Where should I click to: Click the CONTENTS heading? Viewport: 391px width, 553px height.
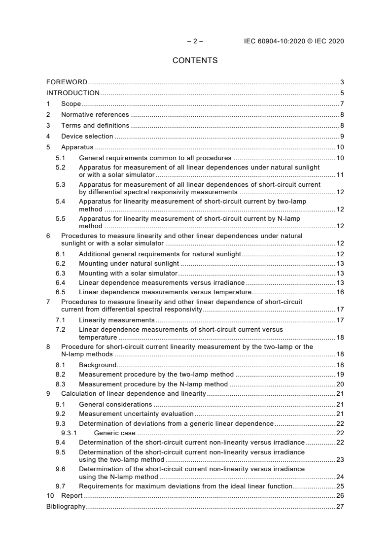(195, 61)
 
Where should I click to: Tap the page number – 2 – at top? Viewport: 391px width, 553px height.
(195, 41)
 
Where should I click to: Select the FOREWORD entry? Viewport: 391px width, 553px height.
(67, 82)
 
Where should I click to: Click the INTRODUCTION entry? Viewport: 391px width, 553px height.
(73, 93)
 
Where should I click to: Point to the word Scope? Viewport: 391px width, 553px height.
(71, 104)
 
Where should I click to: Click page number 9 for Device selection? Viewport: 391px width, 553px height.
(342, 136)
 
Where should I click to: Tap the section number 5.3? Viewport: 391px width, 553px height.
(60, 185)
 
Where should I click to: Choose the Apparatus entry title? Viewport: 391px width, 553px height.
(77, 147)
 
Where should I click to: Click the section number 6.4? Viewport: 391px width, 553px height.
(60, 282)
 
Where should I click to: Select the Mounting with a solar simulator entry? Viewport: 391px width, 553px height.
(128, 273)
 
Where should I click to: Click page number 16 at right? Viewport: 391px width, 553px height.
(340, 292)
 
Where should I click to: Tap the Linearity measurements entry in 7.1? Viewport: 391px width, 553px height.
(117, 320)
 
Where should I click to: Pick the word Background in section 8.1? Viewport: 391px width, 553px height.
(98, 365)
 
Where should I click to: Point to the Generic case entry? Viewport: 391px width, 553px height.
(114, 433)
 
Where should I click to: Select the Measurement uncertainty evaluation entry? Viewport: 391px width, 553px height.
(136, 414)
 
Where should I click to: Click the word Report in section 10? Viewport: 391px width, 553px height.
(72, 495)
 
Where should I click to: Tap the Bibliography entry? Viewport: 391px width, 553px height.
(66, 506)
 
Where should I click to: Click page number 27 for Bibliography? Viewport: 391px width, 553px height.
(340, 506)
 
